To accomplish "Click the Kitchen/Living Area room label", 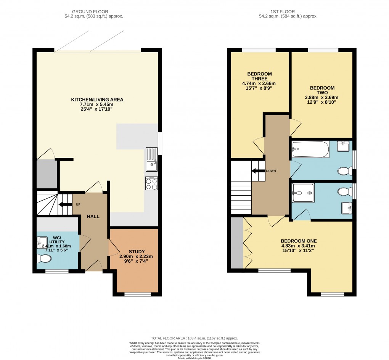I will pos(97,100).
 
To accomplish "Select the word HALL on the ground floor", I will pos(93,216).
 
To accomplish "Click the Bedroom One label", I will pos(299,241).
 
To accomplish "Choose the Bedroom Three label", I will pos(259,74).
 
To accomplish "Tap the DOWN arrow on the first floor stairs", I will pos(259,171).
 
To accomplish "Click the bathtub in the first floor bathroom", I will pos(310,149).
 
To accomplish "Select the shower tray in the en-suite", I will pos(304,193).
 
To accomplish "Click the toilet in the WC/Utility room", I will pos(45,259).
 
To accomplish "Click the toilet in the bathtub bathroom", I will pos(345,171).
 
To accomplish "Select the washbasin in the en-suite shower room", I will pos(346,208).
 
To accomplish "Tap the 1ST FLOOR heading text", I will pos(288,11).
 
